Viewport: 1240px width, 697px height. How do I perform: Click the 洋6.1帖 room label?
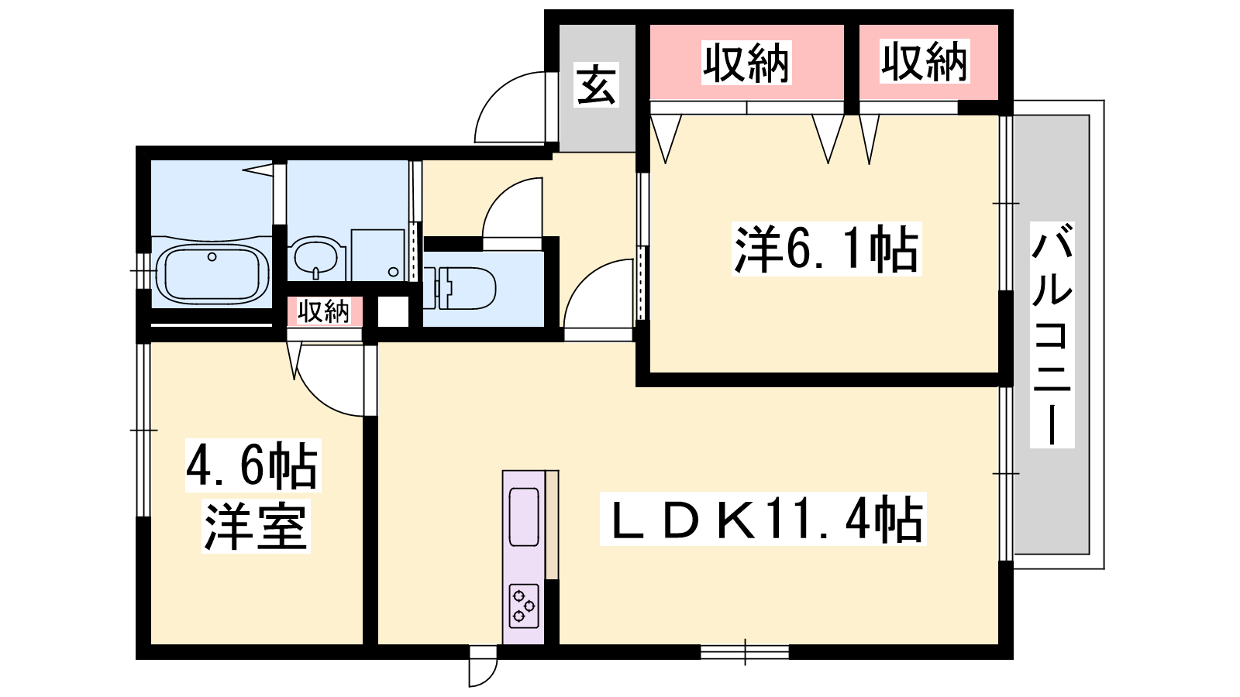[x=826, y=249]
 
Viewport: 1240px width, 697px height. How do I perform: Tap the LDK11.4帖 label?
[x=763, y=519]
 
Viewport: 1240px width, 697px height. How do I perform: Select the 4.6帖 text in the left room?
[x=253, y=465]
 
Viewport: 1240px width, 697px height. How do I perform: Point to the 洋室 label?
[x=255, y=526]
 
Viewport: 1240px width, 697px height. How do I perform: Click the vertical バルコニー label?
[x=1052, y=335]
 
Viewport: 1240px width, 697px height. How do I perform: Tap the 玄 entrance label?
[x=596, y=84]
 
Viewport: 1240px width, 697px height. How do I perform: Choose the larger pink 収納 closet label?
[x=746, y=63]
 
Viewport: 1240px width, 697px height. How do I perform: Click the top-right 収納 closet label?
[x=925, y=61]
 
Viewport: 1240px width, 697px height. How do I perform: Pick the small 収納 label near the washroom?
[x=324, y=311]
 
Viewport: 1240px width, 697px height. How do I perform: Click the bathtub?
[x=212, y=275]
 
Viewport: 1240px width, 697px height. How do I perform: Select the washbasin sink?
[x=316, y=257]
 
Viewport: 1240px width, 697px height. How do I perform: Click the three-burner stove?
[x=524, y=606]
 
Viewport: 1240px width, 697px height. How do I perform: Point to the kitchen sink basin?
[x=524, y=517]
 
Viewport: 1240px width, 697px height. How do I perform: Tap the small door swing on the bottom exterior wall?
[x=483, y=673]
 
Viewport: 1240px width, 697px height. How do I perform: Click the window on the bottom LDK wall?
[x=745, y=652]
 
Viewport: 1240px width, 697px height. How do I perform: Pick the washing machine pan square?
[x=393, y=312]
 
